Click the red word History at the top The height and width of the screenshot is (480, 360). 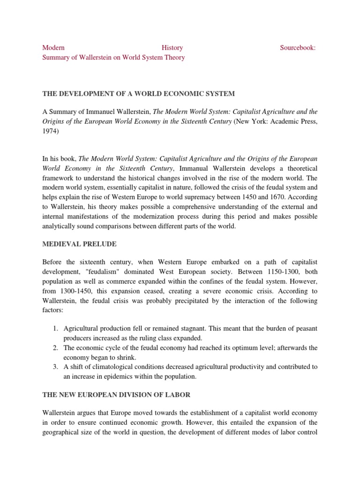[172, 48]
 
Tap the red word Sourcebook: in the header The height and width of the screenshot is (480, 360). [298, 48]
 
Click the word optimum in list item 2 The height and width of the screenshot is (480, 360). [242, 348]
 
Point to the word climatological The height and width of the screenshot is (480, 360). [115, 367]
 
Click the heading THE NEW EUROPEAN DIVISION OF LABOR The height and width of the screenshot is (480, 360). [116, 395]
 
